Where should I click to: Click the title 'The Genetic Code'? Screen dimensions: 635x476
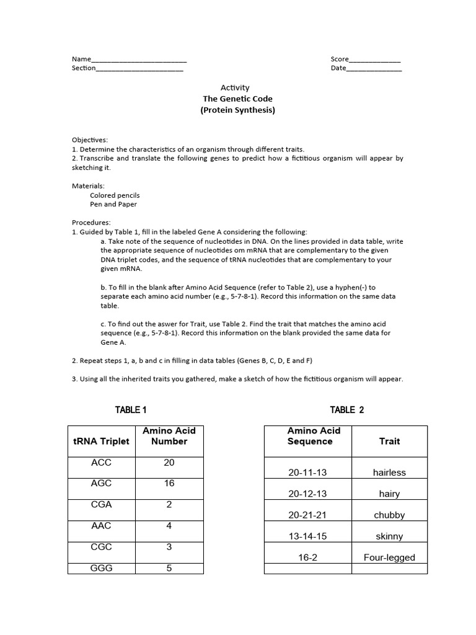click(237, 99)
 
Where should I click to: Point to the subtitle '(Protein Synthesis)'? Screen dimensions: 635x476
click(237, 110)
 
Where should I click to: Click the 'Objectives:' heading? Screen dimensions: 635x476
click(90, 140)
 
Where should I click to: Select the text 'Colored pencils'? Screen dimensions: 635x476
click(115, 195)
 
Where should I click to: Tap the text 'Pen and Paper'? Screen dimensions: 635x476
click(113, 204)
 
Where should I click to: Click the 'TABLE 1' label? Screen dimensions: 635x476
click(131, 410)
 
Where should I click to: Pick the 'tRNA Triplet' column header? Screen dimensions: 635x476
click(102, 442)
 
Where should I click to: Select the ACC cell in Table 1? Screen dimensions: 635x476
click(102, 463)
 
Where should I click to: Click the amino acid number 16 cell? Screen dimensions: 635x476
click(169, 483)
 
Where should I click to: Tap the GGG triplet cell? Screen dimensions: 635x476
click(102, 568)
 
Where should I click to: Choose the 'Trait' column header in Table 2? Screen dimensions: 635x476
click(389, 442)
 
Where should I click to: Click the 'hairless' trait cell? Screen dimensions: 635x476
click(389, 473)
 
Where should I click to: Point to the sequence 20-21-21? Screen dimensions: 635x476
click(307, 515)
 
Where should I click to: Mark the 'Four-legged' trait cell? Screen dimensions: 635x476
click(389, 557)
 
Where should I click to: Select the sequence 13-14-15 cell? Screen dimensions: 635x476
click(307, 536)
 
